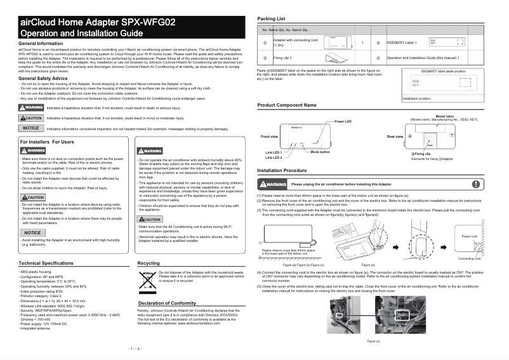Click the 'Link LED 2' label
pos(274,157)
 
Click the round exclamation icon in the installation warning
pos(476,184)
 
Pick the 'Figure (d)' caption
pos(368,264)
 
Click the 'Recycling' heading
pos(149,263)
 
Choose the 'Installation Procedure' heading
pos(286,171)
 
